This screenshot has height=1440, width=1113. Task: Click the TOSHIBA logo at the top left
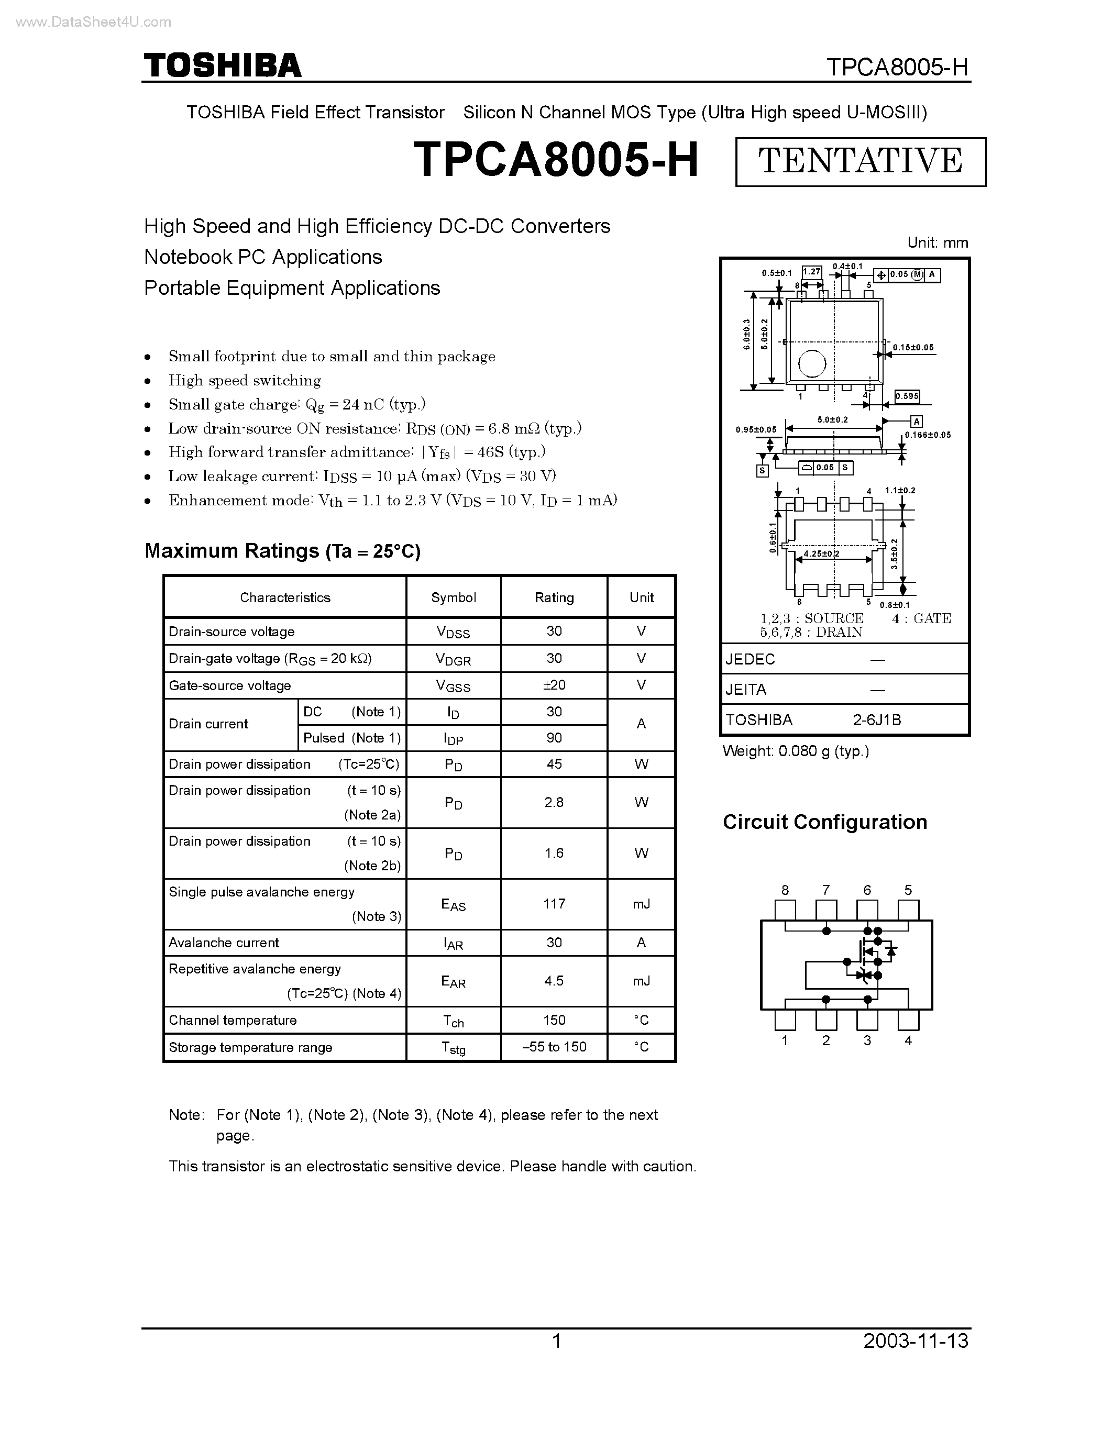[x=222, y=66]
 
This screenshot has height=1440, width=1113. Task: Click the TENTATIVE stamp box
[x=861, y=161]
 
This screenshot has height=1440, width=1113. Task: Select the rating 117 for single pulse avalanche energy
[x=554, y=904]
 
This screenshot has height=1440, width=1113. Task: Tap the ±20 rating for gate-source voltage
[x=554, y=685]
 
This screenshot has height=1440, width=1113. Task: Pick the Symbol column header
[x=453, y=597]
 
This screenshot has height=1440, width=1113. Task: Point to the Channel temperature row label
[x=233, y=1020]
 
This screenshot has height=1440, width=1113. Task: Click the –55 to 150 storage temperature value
[x=554, y=1047]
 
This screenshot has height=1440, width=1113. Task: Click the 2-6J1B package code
[x=877, y=720]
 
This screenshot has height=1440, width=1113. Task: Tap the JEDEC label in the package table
[x=751, y=659]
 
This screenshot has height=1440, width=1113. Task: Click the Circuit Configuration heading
[x=825, y=822]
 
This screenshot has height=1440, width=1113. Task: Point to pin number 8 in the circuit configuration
[x=785, y=890]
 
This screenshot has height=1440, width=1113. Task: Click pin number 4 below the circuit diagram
[x=908, y=1040]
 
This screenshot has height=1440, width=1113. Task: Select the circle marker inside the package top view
[x=812, y=363]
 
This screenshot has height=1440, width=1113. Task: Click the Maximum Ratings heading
[x=282, y=550]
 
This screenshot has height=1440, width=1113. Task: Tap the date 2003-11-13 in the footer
[x=916, y=1341]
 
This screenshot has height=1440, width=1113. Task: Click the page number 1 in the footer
[x=556, y=1341]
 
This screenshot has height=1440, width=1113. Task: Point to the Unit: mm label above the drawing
[x=938, y=242]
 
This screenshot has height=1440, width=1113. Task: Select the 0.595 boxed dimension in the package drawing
[x=907, y=396]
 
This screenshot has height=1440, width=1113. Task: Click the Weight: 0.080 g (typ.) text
[x=796, y=751]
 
